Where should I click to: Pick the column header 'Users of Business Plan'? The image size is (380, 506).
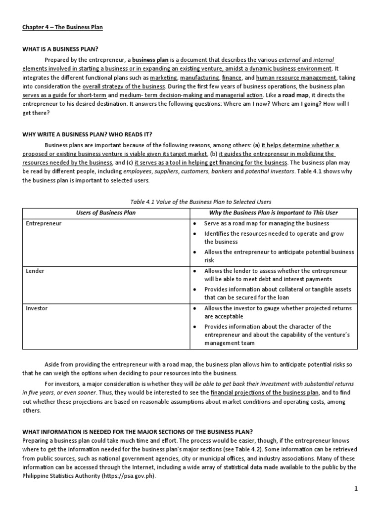click(105, 212)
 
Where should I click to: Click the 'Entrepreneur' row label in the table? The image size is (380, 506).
click(43, 223)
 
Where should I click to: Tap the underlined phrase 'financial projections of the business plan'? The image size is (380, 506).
click(265, 393)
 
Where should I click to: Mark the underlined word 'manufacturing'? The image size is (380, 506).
click(199, 78)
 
